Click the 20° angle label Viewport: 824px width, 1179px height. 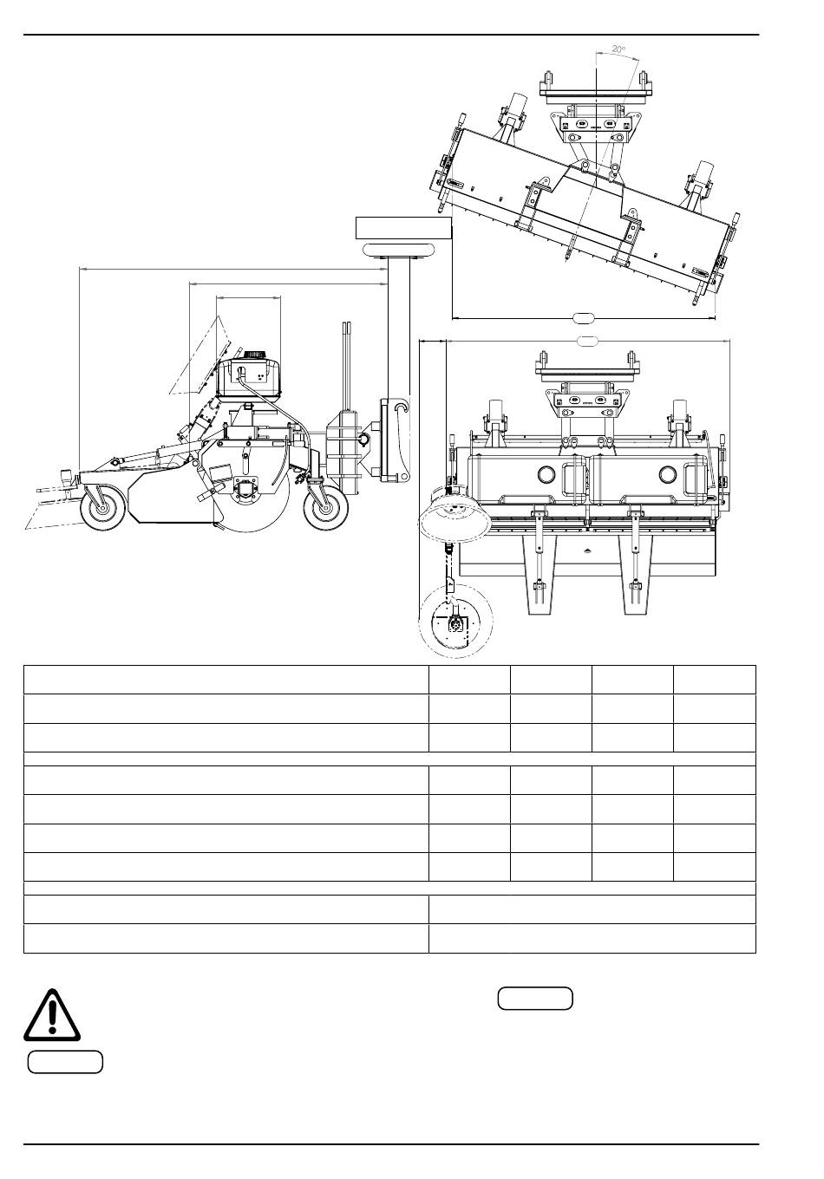tap(618, 49)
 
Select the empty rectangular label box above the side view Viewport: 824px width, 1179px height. tap(404, 227)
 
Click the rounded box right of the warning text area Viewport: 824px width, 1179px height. tap(535, 998)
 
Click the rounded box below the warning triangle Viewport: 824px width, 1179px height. tap(65, 1062)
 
